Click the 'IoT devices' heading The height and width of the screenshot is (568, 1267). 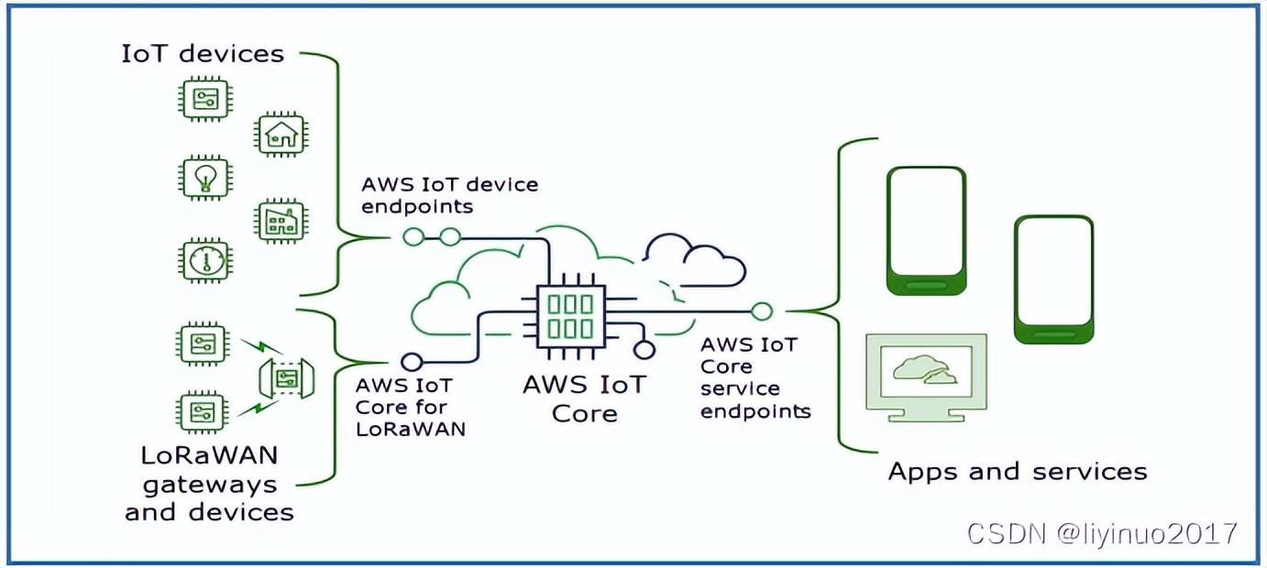tap(203, 53)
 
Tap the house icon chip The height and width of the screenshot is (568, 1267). tap(280, 136)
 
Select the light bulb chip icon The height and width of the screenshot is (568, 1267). tap(203, 177)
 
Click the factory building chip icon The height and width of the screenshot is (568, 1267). tap(280, 220)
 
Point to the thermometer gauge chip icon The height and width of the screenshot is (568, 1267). tap(203, 260)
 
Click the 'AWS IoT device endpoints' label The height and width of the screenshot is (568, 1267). tap(449, 195)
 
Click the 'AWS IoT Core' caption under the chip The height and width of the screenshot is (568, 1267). tap(584, 398)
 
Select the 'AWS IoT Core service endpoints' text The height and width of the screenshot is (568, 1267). tap(755, 377)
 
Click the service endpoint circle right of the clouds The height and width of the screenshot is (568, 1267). tap(762, 311)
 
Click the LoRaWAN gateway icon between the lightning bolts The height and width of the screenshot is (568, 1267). tap(287, 377)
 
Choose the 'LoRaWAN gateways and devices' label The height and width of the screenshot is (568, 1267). tap(210, 483)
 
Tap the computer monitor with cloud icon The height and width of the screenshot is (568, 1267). tap(926, 376)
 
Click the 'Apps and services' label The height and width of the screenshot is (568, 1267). tap(1018, 472)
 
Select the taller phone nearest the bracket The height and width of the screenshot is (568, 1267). tap(926, 230)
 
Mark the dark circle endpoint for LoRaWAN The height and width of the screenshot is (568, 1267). tap(413, 360)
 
